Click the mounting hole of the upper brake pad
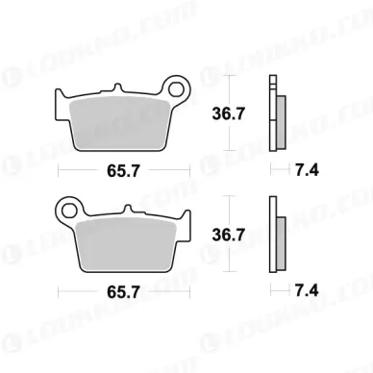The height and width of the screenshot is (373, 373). coord(176,89)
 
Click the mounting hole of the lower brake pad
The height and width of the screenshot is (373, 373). coord(69,211)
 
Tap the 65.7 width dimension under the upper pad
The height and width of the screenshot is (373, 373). coord(123,171)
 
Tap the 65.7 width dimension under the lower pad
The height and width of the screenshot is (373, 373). coord(123,292)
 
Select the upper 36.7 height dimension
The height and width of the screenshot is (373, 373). coord(229,113)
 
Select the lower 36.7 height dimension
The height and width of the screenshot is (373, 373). coord(229,236)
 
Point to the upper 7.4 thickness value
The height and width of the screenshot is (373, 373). coord(307,170)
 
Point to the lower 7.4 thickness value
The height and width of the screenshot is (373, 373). coord(307,290)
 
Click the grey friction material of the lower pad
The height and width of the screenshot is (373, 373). coord(126,244)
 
